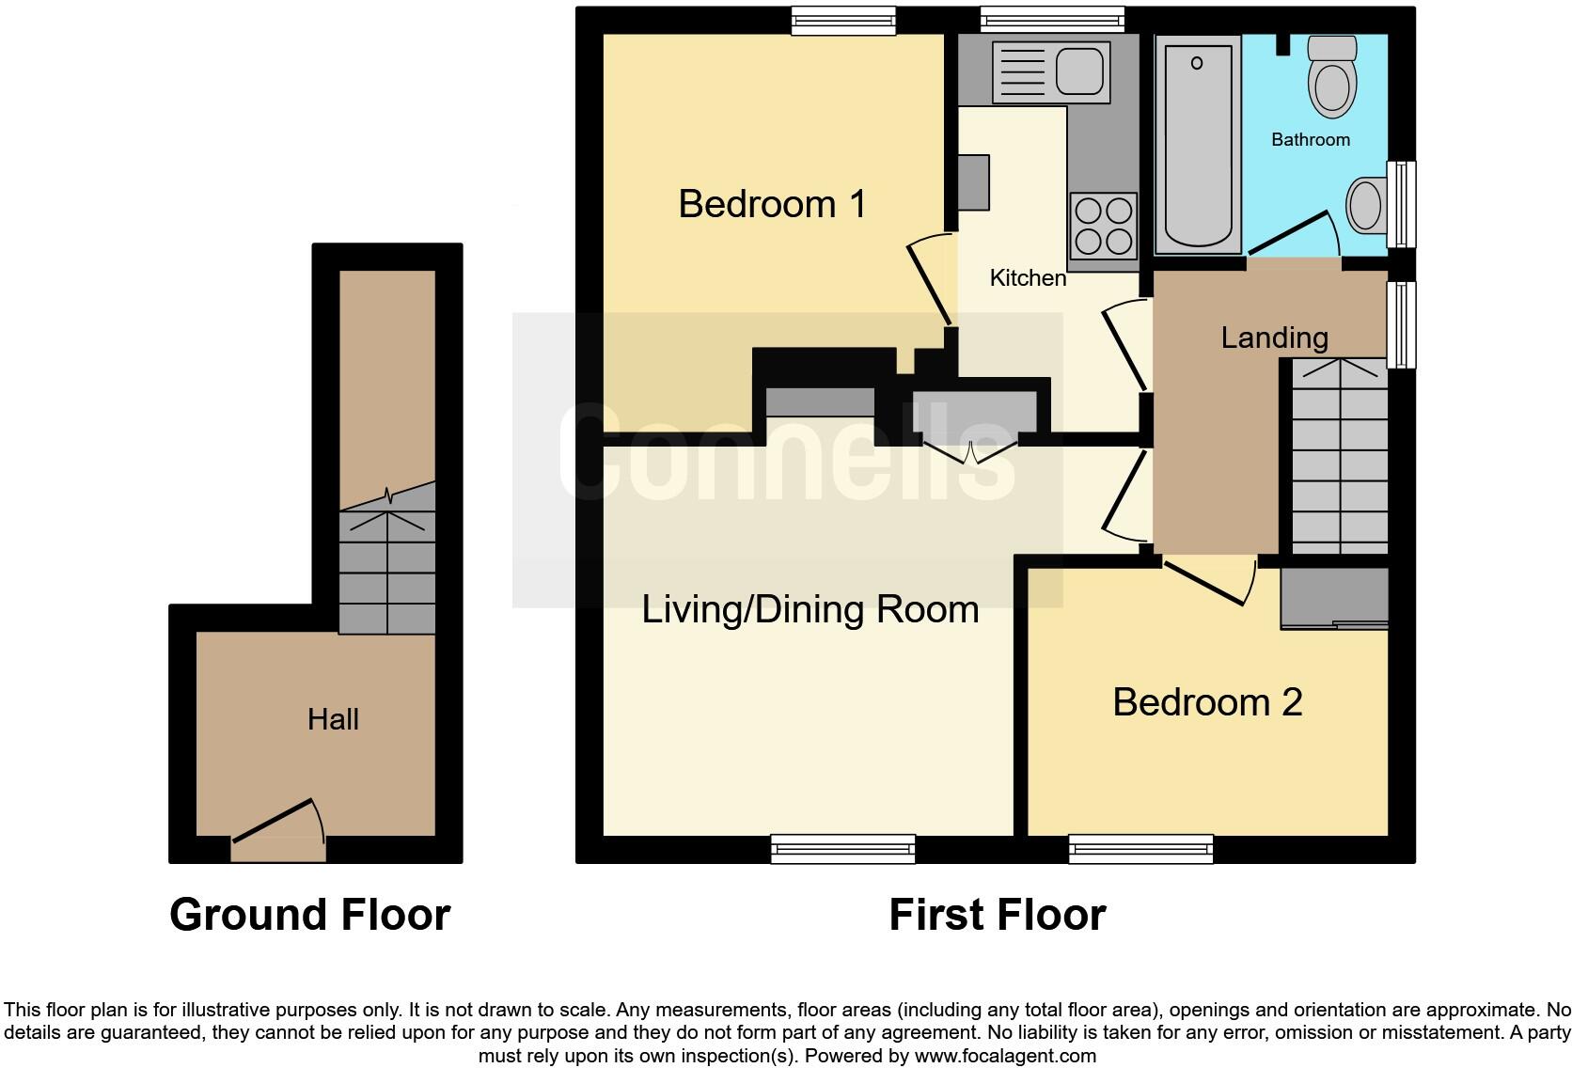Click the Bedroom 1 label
772,204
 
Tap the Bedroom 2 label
1207,702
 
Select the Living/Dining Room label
810,609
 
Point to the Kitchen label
1028,278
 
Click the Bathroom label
1310,140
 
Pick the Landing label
1274,338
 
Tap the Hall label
333,720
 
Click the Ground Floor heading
309,915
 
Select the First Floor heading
997,915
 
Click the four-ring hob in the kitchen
1103,224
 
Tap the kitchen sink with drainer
1051,71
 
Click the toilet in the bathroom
1331,76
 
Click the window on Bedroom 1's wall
842,21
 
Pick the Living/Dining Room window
842,849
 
